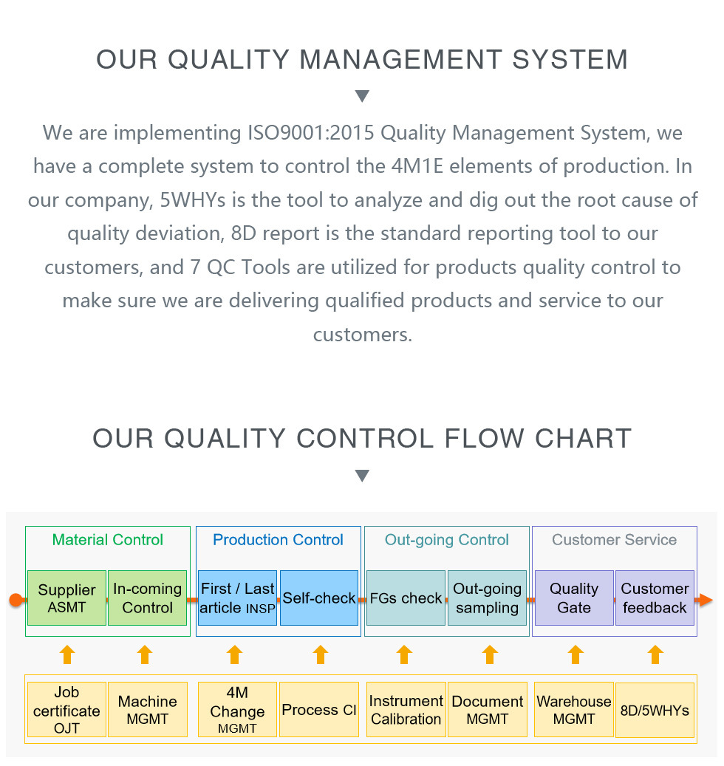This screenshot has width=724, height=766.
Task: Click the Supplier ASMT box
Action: pyautogui.click(x=67, y=598)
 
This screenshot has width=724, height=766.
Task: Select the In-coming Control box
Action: pyautogui.click(x=148, y=598)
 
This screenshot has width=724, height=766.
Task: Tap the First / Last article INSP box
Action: pyautogui.click(x=237, y=598)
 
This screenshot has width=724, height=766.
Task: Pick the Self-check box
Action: pyautogui.click(x=319, y=598)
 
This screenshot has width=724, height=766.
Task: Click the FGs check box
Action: pyautogui.click(x=406, y=598)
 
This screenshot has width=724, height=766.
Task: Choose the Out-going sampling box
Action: pyautogui.click(x=487, y=598)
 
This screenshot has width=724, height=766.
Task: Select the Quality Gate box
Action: pyautogui.click(x=574, y=598)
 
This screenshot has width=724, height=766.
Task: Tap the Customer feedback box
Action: pyautogui.click(x=655, y=598)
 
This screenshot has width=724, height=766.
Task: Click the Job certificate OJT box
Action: pyautogui.click(x=67, y=709)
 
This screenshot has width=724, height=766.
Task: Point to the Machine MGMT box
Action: pyautogui.click(x=148, y=709)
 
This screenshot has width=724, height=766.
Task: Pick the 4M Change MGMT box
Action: pyautogui.click(x=237, y=709)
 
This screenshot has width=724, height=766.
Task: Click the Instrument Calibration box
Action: pyautogui.click(x=406, y=709)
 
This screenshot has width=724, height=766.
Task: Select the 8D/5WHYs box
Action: pyautogui.click(x=655, y=710)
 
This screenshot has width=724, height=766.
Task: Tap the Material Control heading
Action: pyautogui.click(x=107, y=540)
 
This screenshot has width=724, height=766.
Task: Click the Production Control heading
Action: pyautogui.click(x=278, y=540)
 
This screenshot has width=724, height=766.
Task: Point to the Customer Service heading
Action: pyautogui.click(x=614, y=540)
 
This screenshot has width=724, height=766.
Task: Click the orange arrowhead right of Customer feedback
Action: pyautogui.click(x=706, y=600)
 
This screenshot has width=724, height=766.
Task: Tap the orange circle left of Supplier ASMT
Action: pyautogui.click(x=16, y=600)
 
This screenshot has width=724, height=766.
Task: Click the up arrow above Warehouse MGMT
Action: pyautogui.click(x=576, y=654)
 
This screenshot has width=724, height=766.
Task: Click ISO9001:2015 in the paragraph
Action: pyautogui.click(x=311, y=133)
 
